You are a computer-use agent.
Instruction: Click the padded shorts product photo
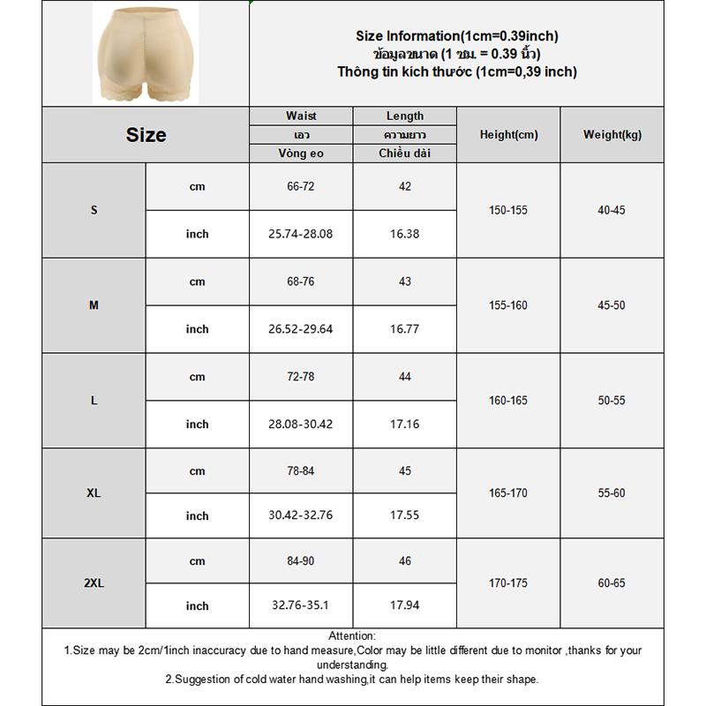(x=146, y=53)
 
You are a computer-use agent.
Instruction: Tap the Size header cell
(x=146, y=135)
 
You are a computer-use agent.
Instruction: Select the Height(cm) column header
(x=508, y=135)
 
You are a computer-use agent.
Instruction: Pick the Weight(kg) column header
(x=612, y=135)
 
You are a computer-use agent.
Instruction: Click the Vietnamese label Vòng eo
(x=301, y=154)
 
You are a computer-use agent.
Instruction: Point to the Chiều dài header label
(x=405, y=154)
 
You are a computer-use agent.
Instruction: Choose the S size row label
(x=94, y=210)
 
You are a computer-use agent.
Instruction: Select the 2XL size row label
(x=94, y=583)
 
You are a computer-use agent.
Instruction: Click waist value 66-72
(x=301, y=186)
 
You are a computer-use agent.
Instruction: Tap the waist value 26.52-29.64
(x=301, y=329)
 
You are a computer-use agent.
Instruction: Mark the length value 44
(x=405, y=377)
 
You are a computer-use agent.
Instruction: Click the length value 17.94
(x=405, y=606)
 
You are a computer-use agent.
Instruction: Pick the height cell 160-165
(x=508, y=401)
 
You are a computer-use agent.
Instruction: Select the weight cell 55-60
(x=612, y=492)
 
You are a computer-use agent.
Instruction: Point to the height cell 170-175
(x=508, y=583)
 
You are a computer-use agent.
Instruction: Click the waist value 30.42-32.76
(x=301, y=515)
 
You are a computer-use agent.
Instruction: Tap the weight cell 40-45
(x=612, y=210)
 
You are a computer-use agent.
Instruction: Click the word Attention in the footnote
(x=352, y=636)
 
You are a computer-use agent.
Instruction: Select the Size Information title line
(x=457, y=36)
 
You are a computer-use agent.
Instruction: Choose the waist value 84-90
(x=301, y=561)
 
